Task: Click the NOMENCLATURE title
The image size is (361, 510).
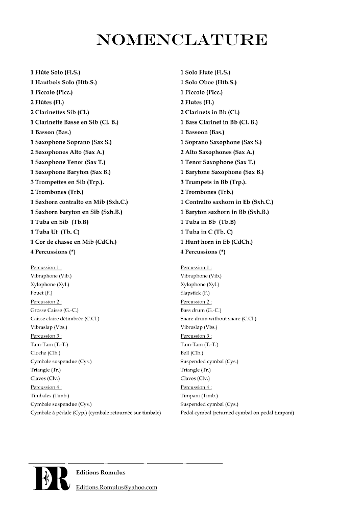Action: (181, 40)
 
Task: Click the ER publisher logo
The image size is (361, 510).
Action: (51, 478)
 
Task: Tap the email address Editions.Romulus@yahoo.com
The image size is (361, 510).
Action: (116, 488)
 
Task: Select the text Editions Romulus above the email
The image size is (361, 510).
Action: (101, 473)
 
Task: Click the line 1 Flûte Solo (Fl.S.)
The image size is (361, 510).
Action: (55, 72)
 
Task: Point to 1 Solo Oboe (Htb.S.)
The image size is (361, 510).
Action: (208, 82)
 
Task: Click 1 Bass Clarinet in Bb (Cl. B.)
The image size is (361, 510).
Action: (219, 122)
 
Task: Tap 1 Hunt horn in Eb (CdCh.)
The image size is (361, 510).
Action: (216, 242)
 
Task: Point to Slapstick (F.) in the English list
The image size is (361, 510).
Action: (195, 293)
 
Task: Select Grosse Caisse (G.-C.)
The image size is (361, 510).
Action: (55, 310)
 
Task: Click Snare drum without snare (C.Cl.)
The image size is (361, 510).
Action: (219, 319)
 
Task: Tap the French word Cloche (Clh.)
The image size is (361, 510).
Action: (45, 353)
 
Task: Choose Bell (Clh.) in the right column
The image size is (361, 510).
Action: (192, 353)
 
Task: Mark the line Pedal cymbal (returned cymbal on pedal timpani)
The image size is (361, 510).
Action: (237, 413)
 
